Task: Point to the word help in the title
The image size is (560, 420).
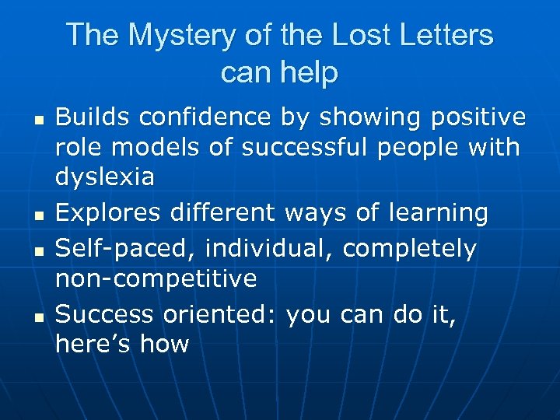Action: point(310,72)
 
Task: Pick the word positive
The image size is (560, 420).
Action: point(476,117)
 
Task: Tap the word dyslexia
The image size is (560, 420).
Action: point(105,177)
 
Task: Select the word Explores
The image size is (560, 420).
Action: point(107,212)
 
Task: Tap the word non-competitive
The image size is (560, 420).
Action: point(156,278)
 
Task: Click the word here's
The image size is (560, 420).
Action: point(93,344)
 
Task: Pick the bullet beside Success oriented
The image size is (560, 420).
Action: point(37,317)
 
